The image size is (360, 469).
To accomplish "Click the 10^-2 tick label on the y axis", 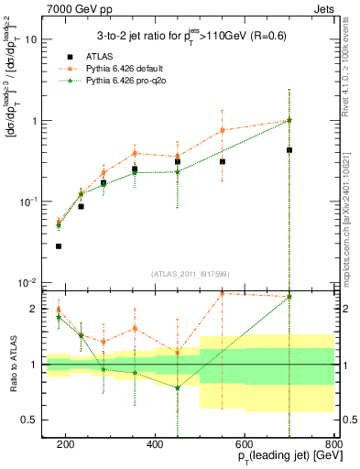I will point(29,283).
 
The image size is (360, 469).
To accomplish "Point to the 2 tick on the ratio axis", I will point(35,309).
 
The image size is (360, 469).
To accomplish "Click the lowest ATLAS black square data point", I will point(59,246).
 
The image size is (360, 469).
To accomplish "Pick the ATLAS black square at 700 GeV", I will point(289,150).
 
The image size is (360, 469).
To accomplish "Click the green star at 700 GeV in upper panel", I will point(289,120).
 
